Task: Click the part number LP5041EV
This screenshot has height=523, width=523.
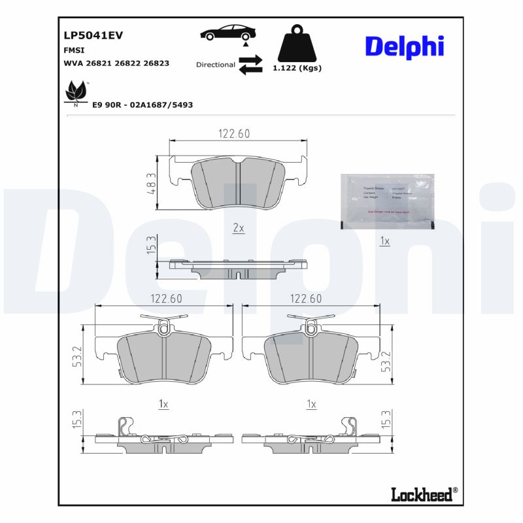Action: [x=93, y=36]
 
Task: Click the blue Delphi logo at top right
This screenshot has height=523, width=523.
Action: [x=404, y=46]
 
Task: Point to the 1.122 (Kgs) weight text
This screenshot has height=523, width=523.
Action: [x=297, y=68]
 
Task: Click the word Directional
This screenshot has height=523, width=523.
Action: [x=215, y=65]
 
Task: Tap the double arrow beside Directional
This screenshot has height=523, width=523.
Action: [x=250, y=65]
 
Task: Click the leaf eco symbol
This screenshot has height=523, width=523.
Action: [x=75, y=93]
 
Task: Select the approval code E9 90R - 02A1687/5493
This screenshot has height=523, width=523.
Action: [x=143, y=105]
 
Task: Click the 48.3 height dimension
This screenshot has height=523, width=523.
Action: [x=150, y=183]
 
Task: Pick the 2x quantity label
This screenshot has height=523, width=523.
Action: [x=239, y=228]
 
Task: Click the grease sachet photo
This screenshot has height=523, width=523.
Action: [x=387, y=201]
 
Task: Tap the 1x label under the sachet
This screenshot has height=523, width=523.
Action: [x=384, y=242]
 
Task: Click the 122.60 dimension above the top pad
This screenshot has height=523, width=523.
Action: [x=233, y=133]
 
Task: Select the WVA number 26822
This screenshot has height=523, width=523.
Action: [x=129, y=63]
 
